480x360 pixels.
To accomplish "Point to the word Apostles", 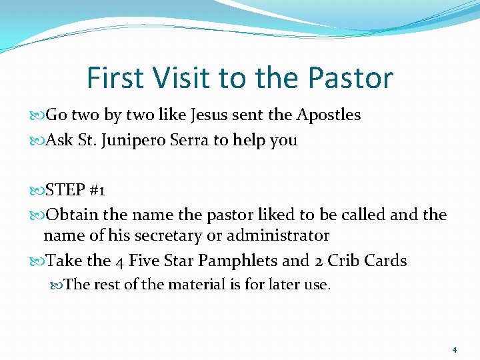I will click(329, 115).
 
